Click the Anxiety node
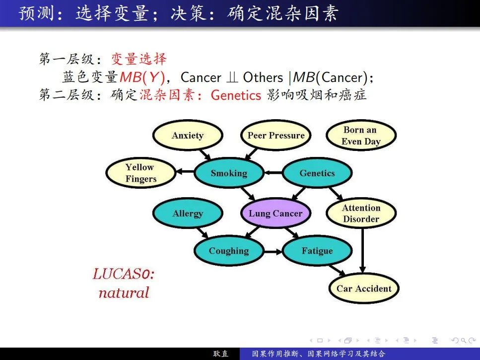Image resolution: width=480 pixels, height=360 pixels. (x=187, y=136)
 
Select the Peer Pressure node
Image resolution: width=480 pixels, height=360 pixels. (x=276, y=136)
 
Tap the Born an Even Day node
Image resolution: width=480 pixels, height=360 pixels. (x=361, y=136)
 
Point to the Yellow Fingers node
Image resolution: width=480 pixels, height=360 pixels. (x=140, y=173)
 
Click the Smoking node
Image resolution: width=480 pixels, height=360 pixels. (x=228, y=173)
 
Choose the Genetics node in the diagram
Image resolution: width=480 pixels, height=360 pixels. (x=317, y=173)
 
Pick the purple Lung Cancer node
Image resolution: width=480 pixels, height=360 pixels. (x=275, y=214)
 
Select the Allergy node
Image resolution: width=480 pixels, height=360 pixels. (x=187, y=214)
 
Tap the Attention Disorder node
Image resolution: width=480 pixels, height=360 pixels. (x=361, y=214)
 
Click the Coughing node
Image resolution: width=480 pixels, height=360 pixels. (x=228, y=251)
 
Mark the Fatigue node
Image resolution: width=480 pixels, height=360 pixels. (x=317, y=251)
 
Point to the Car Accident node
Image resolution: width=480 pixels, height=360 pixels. (x=363, y=288)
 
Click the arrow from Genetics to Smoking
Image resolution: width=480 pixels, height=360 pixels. (x=273, y=173)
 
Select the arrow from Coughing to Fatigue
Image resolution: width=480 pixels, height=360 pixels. (x=273, y=251)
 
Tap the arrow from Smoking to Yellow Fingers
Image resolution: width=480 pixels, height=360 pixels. (x=185, y=172)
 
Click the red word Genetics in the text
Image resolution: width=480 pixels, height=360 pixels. (x=236, y=95)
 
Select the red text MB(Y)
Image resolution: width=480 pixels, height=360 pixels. (x=142, y=77)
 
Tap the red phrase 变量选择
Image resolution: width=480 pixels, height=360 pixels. (x=138, y=59)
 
